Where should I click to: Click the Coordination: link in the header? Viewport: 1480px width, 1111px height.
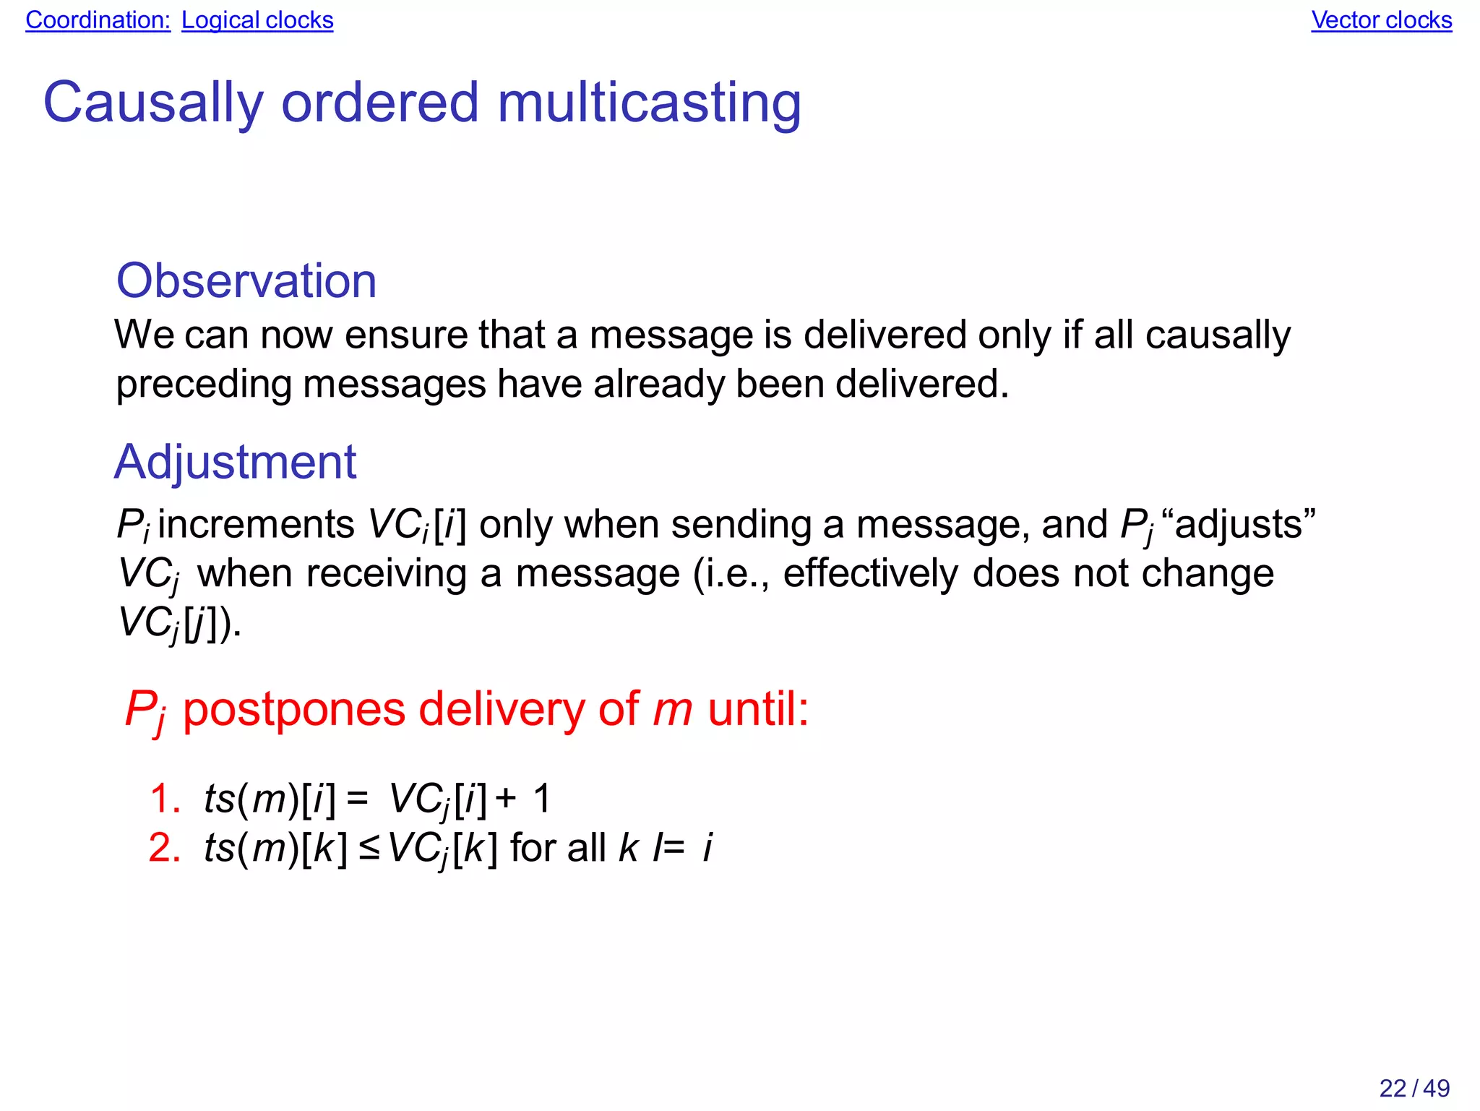pyautogui.click(x=98, y=20)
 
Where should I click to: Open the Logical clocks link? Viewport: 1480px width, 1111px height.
pyautogui.click(x=257, y=20)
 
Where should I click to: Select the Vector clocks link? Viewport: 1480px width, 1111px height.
pyautogui.click(x=1381, y=20)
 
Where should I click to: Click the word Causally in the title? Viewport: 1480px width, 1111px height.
pyautogui.click(x=153, y=103)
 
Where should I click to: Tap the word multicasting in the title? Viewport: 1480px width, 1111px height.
pyautogui.click(x=649, y=103)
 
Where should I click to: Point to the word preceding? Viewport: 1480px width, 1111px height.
pyautogui.click(x=203, y=384)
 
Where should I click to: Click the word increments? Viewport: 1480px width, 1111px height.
pyautogui.click(x=256, y=524)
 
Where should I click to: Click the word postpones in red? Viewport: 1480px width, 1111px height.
pyautogui.click(x=293, y=709)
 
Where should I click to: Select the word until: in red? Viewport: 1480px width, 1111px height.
pyautogui.click(x=758, y=709)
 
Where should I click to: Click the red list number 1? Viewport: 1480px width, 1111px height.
pyautogui.click(x=164, y=799)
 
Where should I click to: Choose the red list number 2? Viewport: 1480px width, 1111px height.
pyautogui.click(x=164, y=848)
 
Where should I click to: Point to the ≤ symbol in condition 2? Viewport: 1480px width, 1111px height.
pyautogui.click(x=369, y=849)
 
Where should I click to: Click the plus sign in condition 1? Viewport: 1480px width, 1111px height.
pyautogui.click(x=506, y=799)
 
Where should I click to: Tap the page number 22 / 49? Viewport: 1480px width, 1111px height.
pyautogui.click(x=1414, y=1088)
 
